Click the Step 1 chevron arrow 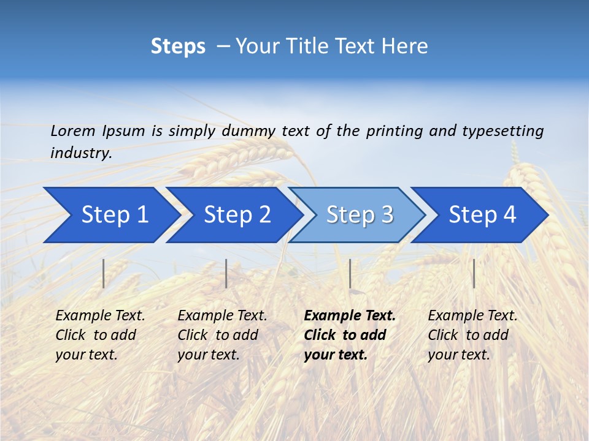[110, 215]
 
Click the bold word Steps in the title [178, 47]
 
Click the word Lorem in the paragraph [72, 130]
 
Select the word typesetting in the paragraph [502, 131]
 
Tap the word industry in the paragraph [80, 153]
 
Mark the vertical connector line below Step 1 [104, 273]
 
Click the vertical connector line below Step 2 [226, 273]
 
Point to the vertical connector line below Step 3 [350, 273]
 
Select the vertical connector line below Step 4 [474, 273]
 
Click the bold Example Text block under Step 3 [348, 335]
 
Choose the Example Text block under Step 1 [100, 335]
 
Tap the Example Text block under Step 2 [222, 335]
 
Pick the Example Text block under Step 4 [472, 335]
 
